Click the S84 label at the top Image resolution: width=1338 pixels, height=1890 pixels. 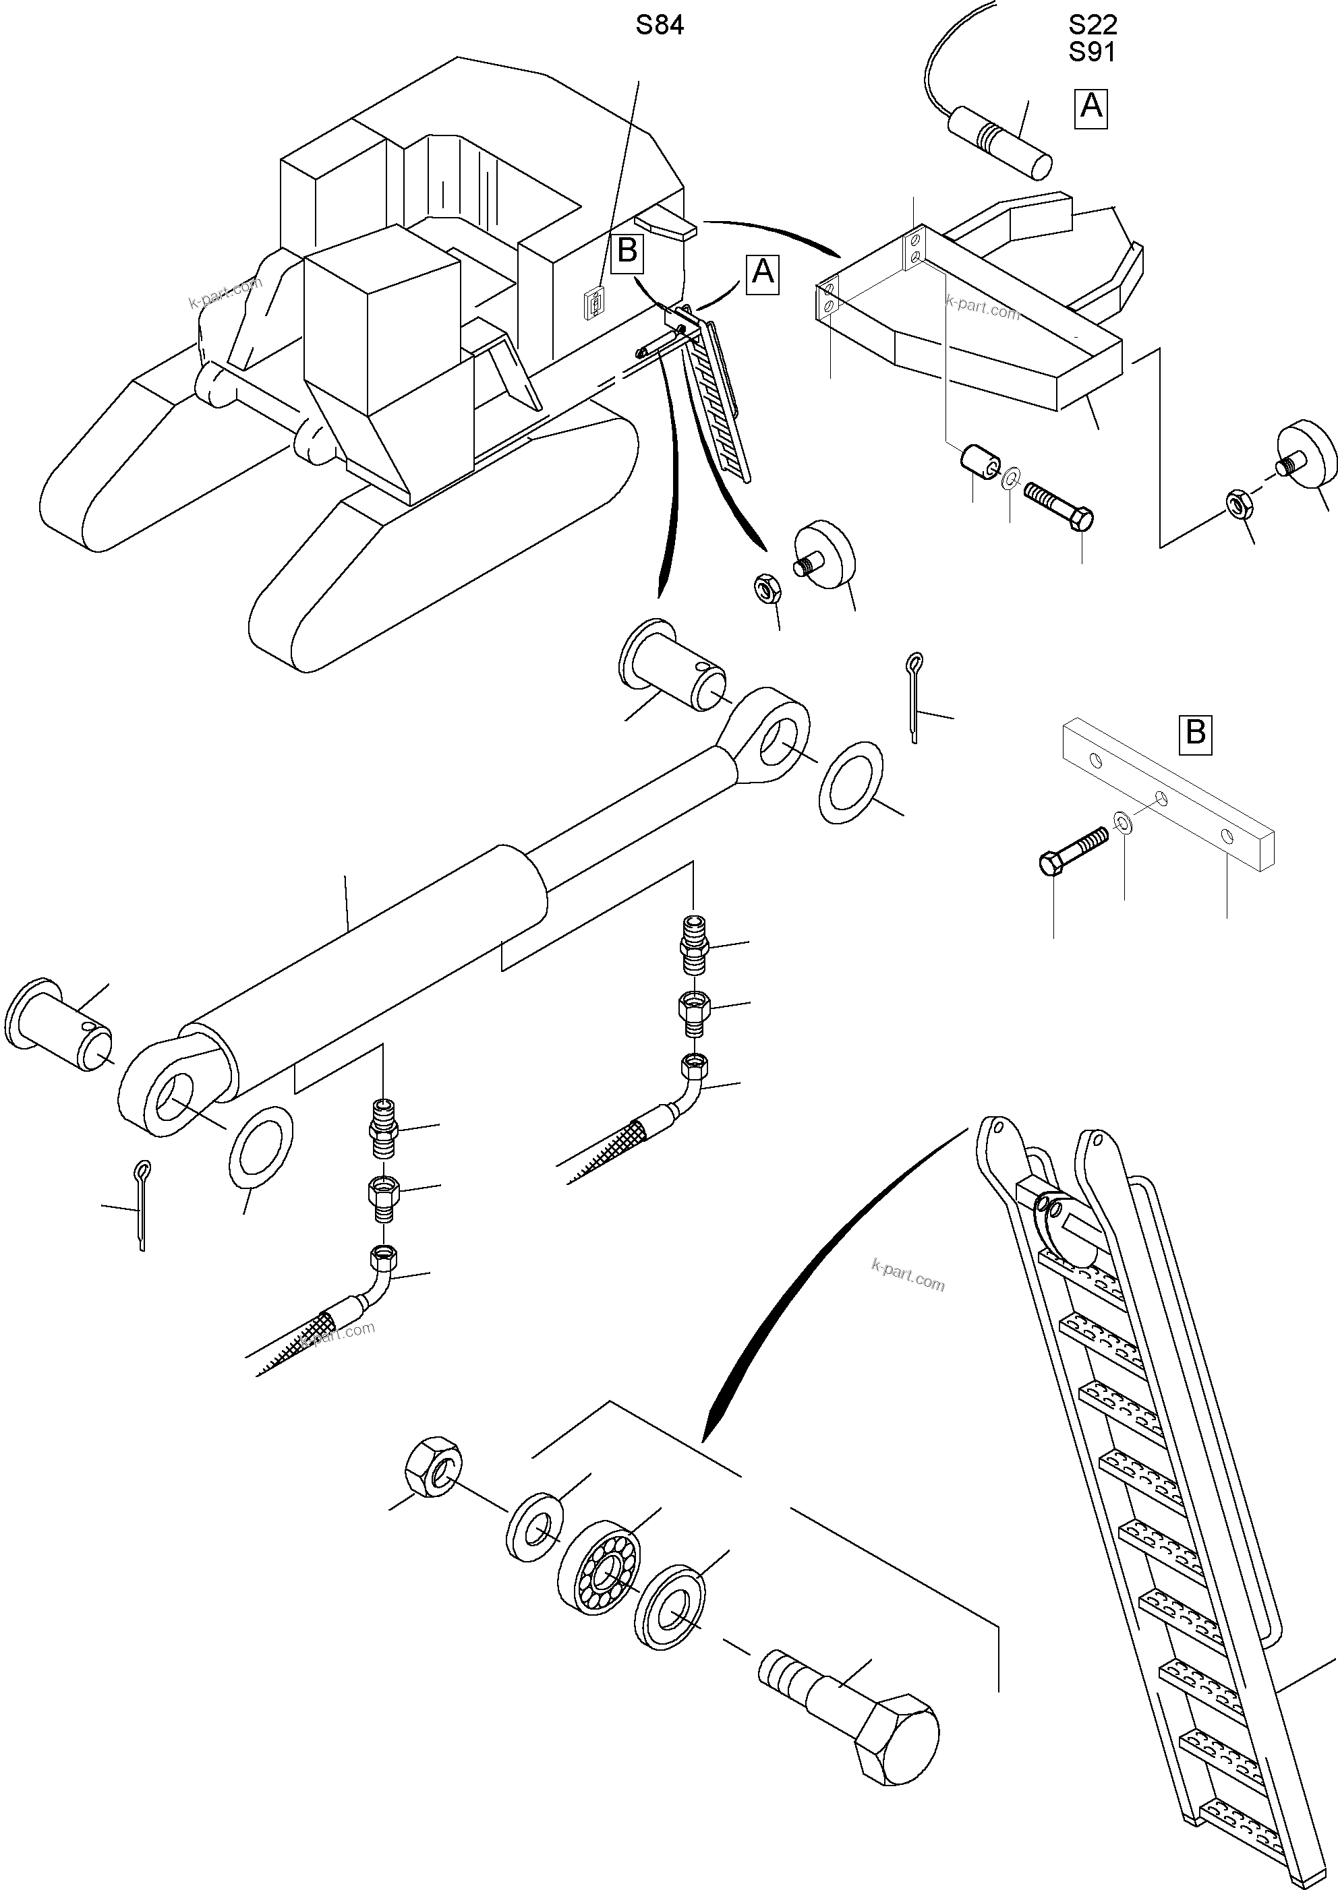point(659,26)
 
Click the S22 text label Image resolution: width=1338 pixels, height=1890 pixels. point(1093,26)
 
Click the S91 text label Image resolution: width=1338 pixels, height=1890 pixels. point(1093,52)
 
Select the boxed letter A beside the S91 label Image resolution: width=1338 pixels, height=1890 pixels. point(1090,107)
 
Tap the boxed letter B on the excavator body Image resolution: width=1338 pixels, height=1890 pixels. point(627,250)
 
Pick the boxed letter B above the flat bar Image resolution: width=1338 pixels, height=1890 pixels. point(1196,731)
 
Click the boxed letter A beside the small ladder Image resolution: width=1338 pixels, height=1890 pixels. point(763,272)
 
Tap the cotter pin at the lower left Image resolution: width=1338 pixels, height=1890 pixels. point(142,1204)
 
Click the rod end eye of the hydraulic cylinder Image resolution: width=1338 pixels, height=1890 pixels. point(769,737)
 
